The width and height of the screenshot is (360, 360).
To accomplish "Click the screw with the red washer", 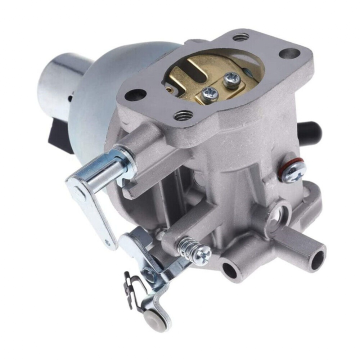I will click(x=294, y=171).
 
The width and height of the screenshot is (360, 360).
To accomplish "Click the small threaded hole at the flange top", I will click(x=241, y=36).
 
